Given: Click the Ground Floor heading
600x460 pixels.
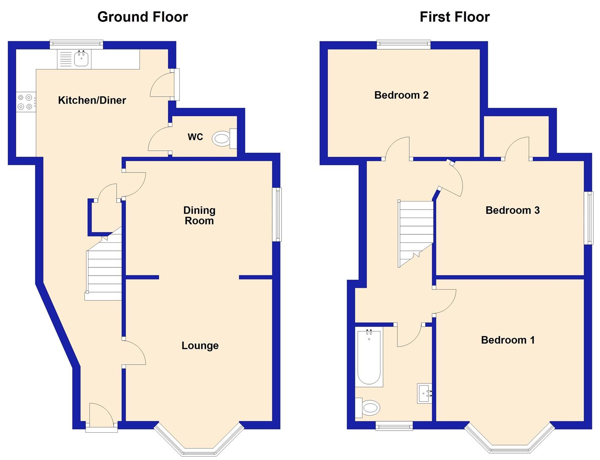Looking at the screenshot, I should pyautogui.click(x=143, y=17).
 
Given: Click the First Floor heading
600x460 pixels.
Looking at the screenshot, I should pyautogui.click(x=454, y=17).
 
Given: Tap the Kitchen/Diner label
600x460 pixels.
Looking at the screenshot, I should pyautogui.click(x=92, y=101).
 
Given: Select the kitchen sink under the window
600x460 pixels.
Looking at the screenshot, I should pyautogui.click(x=81, y=59).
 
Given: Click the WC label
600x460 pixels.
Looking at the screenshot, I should pyautogui.click(x=195, y=137).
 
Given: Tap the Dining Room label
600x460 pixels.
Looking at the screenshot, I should pyautogui.click(x=199, y=216).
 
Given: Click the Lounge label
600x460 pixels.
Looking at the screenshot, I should pyautogui.click(x=200, y=345).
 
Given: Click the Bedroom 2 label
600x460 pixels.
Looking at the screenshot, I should pyautogui.click(x=401, y=95).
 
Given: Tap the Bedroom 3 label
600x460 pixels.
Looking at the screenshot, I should pyautogui.click(x=512, y=210).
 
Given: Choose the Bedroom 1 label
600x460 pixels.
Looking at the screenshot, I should pyautogui.click(x=508, y=340).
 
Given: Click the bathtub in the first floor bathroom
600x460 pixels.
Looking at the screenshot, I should pyautogui.click(x=369, y=357).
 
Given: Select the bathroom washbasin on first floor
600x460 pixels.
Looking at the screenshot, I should pyautogui.click(x=424, y=394).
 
